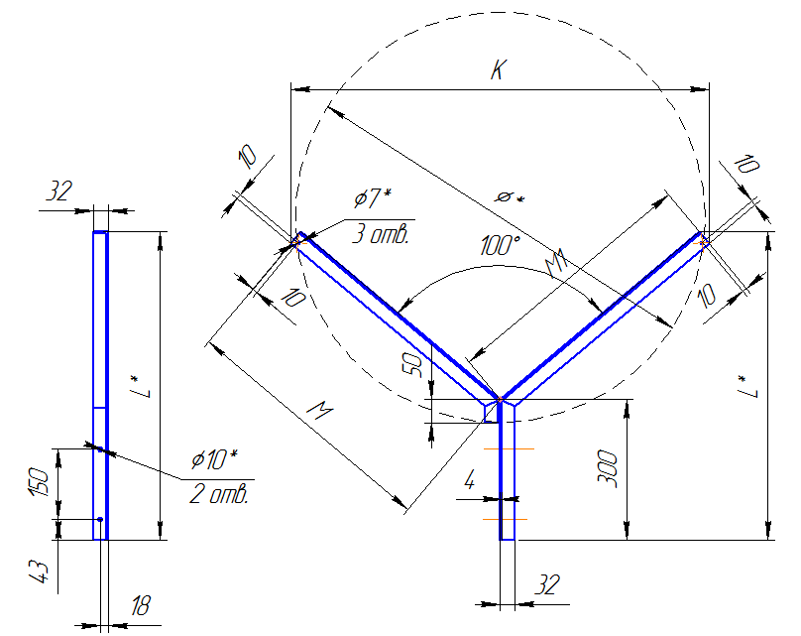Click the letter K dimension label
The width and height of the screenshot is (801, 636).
coord(499,69)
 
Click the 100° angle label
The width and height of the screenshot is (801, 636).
coord(500,245)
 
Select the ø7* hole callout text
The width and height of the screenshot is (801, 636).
coord(373,197)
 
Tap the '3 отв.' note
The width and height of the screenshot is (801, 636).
coord(381,233)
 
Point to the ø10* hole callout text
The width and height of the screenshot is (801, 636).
coord(214,458)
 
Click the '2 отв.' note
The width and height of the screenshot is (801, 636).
coord(219,494)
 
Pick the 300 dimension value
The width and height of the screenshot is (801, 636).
coord(608,469)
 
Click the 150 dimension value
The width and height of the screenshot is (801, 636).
coord(40,481)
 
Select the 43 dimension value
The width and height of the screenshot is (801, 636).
coord(39,572)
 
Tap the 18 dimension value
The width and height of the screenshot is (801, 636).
coord(141,606)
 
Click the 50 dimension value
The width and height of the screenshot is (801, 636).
coord(412,365)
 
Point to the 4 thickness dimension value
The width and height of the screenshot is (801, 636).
coord(470,480)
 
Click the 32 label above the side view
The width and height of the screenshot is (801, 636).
coord(59,191)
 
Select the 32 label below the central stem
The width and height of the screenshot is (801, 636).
coord(547,584)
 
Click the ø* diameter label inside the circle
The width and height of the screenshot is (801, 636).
coord(510,197)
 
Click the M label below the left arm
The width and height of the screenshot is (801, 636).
coord(320,410)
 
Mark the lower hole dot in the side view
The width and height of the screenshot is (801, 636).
coord(101,520)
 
